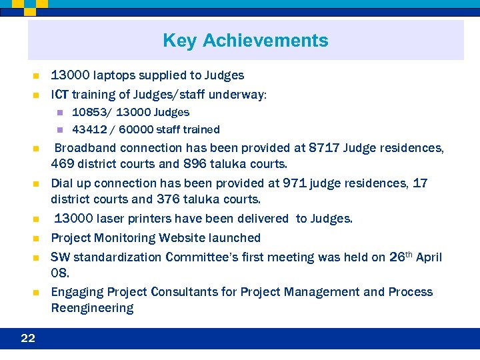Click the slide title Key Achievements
(245, 41)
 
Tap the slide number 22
(28, 338)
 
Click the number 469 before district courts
(64, 164)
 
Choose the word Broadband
(85, 148)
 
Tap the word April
(429, 257)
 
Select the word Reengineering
(92, 308)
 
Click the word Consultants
(194, 292)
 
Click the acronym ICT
(59, 95)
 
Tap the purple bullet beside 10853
(59, 113)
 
